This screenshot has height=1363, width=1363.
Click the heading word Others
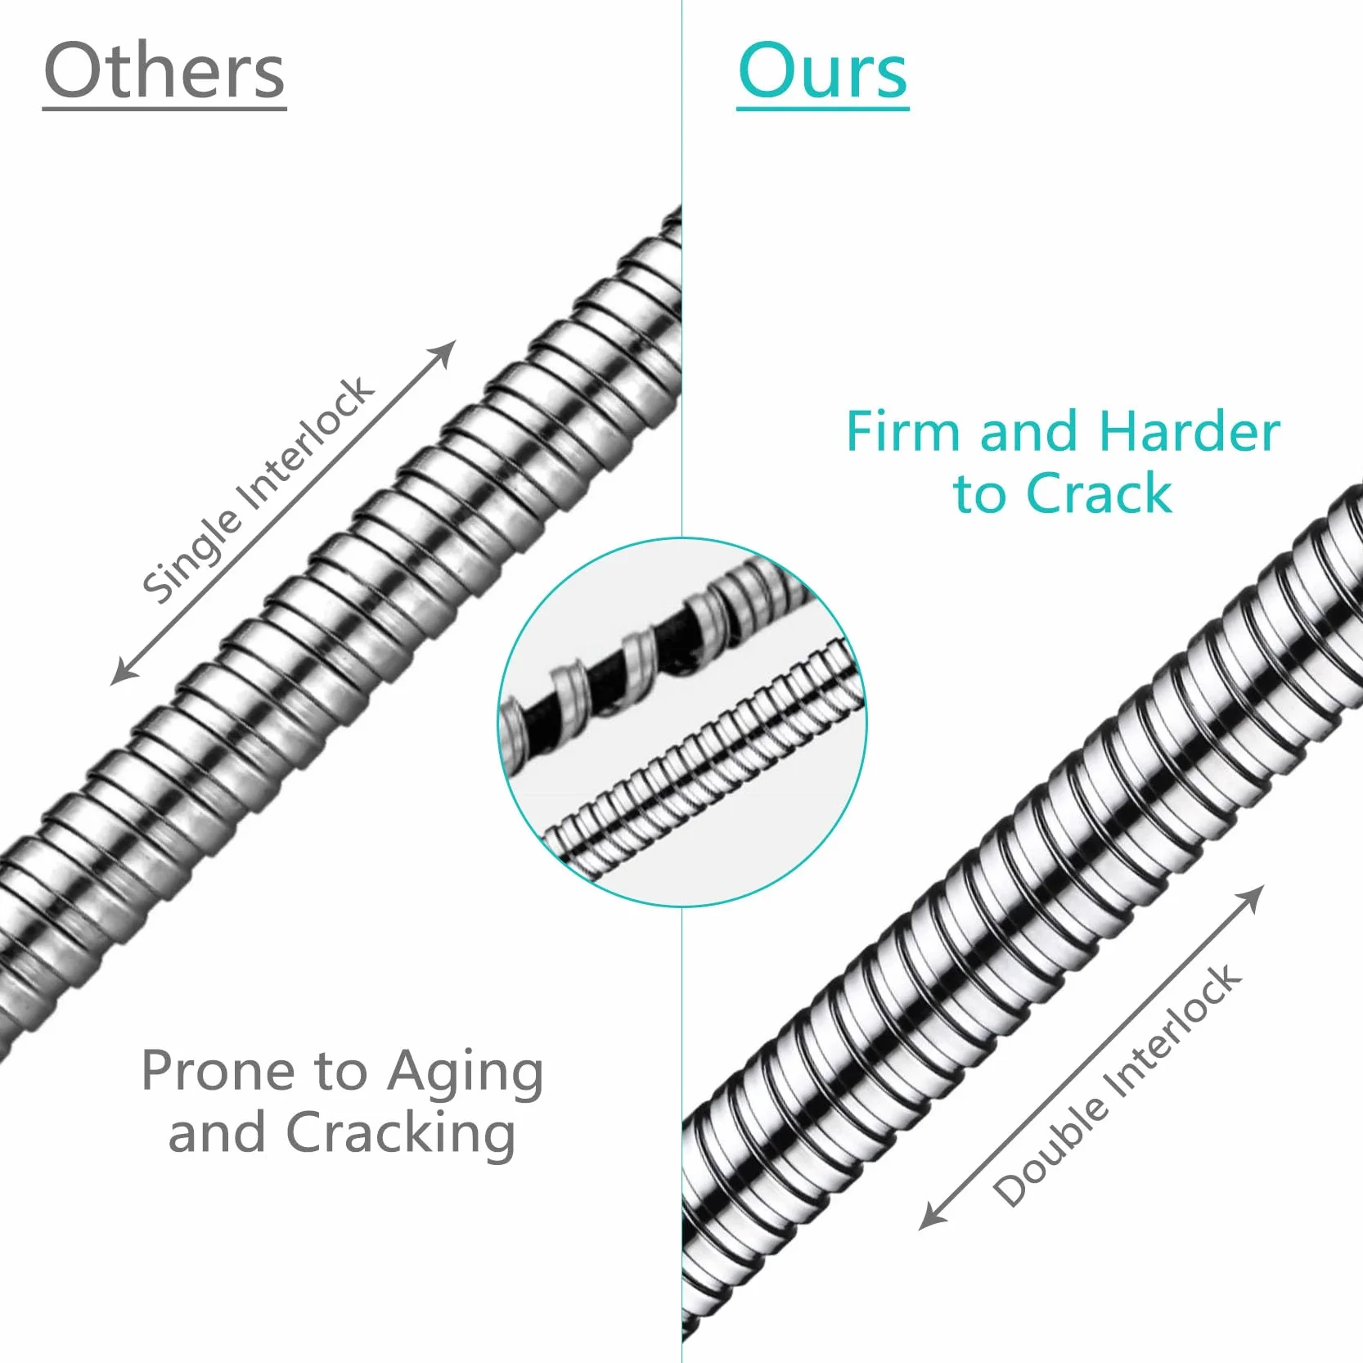(x=164, y=70)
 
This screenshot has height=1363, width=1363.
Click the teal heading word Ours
(x=822, y=70)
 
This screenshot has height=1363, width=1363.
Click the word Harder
(x=1190, y=431)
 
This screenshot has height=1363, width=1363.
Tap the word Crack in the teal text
(x=1099, y=493)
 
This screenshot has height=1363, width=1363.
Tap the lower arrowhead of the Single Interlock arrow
(x=122, y=673)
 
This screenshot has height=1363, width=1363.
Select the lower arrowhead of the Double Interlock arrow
(x=930, y=1218)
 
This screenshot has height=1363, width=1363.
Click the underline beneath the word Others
(x=164, y=107)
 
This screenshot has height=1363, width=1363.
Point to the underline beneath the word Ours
(x=822, y=107)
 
